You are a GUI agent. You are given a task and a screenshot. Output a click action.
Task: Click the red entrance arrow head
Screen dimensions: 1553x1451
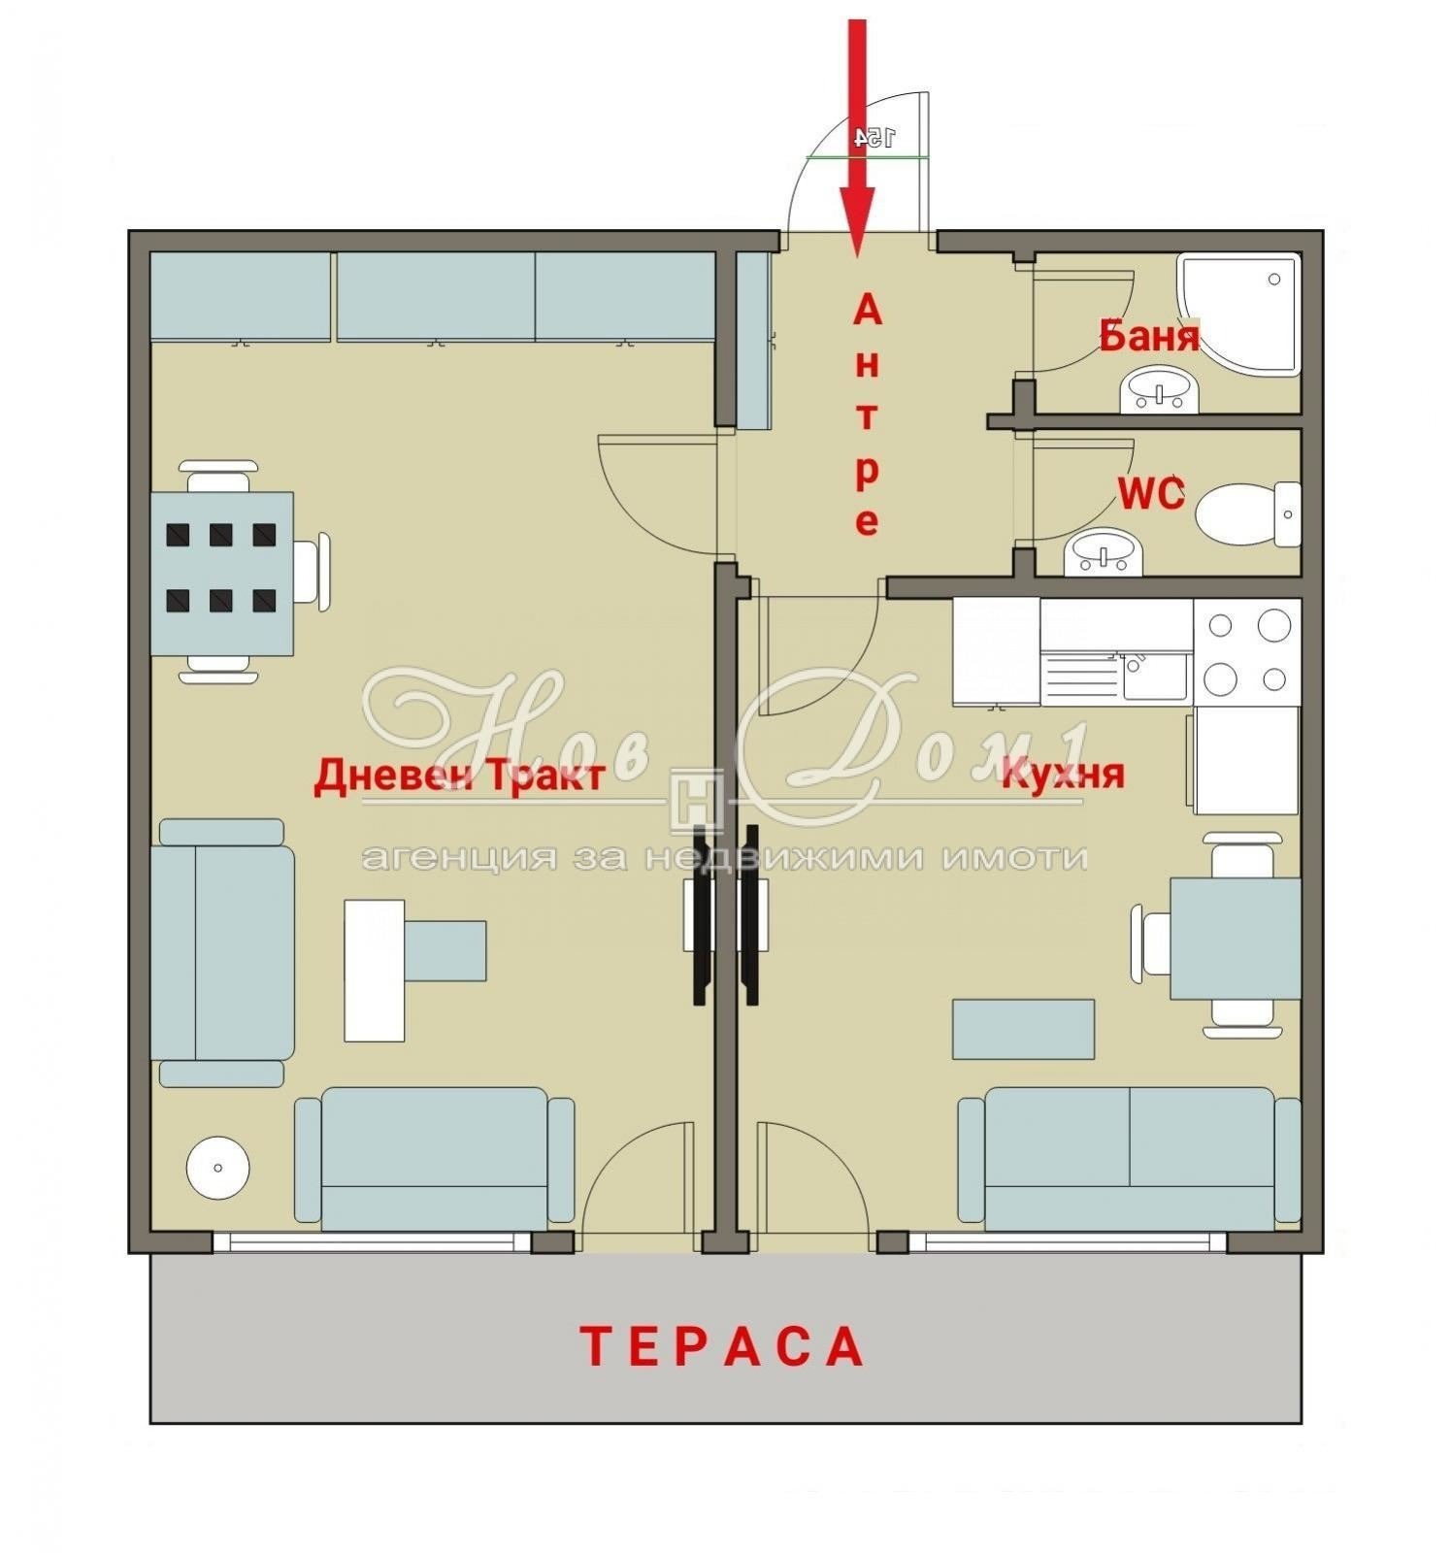point(857,222)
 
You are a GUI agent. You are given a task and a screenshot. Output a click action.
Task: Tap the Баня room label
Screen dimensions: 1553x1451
point(1148,337)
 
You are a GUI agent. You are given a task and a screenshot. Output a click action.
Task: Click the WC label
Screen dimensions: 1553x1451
point(1151,495)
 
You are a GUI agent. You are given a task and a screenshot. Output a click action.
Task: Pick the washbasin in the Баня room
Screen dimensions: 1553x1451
point(1160,391)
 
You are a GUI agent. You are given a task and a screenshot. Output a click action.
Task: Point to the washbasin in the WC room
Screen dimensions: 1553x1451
point(1104,554)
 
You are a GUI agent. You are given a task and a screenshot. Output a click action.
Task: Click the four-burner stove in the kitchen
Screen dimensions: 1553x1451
point(1246,651)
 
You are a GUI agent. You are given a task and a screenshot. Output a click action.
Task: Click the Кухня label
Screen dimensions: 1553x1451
point(1063,775)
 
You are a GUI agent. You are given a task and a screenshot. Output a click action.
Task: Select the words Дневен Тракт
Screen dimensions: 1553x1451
point(460,776)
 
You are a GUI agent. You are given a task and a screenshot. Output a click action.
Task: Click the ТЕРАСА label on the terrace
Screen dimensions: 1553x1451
point(722,1346)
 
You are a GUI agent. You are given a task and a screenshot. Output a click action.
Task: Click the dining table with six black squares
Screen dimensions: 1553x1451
point(222,574)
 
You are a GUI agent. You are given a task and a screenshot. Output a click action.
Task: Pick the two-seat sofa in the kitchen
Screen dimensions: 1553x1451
point(1130,1157)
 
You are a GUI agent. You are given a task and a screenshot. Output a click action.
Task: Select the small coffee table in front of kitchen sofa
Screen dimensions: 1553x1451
point(1023,1029)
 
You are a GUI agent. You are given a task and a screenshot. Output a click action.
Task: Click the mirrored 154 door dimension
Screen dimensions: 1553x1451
point(874,138)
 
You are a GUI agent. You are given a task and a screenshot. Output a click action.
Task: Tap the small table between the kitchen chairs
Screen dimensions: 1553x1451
point(1235,938)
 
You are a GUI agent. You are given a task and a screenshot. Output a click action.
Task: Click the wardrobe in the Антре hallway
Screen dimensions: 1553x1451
point(753,340)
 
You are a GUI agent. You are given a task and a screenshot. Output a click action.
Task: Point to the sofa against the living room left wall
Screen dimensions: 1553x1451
point(223,951)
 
